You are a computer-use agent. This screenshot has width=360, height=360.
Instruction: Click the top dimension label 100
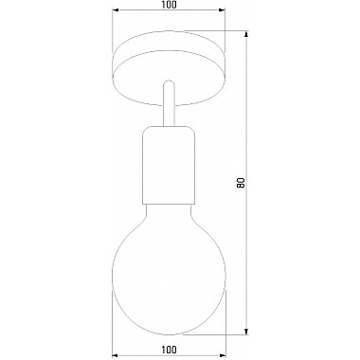[169, 5]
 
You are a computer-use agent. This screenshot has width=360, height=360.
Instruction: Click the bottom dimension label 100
[169, 350]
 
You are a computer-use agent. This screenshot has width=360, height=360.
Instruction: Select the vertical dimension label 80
[242, 183]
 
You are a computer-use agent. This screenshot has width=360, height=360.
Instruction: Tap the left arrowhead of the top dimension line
[116, 10]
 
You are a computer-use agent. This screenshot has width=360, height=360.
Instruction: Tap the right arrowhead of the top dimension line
[222, 10]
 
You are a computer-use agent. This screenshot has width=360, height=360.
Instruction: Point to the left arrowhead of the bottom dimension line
[116, 355]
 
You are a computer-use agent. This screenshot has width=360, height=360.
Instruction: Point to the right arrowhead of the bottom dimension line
[222, 355]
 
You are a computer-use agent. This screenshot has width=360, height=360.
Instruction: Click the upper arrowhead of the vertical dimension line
[246, 34]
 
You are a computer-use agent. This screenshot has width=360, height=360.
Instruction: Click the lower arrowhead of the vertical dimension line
[246, 331]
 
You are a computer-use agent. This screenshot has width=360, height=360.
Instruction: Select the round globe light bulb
[169, 272]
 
